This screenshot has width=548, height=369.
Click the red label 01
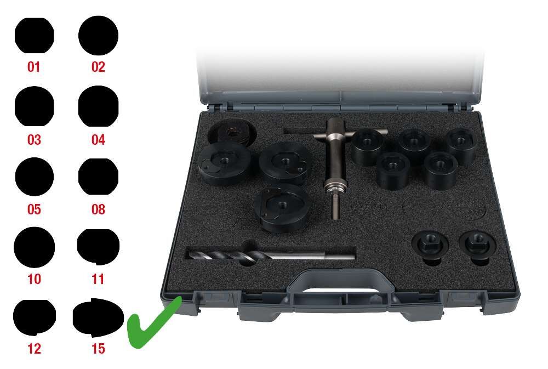pyautogui.click(x=34, y=67)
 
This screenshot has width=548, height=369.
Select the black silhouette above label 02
pyautogui.click(x=98, y=35)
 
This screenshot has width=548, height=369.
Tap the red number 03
pyautogui.click(x=34, y=140)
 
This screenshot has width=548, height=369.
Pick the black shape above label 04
pyautogui.click(x=98, y=106)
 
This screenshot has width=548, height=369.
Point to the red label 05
pyautogui.click(x=34, y=209)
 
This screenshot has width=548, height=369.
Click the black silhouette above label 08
pyautogui.click(x=98, y=177)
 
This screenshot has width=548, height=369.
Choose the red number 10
pyautogui.click(x=34, y=279)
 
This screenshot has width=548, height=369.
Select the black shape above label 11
pyautogui.click(x=98, y=247)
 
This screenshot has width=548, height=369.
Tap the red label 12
pyautogui.click(x=34, y=349)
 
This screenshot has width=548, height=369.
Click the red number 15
pyautogui.click(x=98, y=349)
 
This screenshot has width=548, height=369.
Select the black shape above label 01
pyautogui.click(x=34, y=35)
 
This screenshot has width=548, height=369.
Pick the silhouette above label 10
pyautogui.click(x=34, y=247)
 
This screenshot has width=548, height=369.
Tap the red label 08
pyautogui.click(x=98, y=209)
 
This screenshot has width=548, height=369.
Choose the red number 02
pyautogui.click(x=98, y=67)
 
